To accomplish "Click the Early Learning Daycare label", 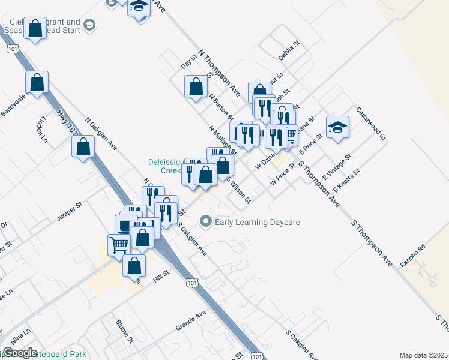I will pos(257,223).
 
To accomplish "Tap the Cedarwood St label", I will pos(370,124).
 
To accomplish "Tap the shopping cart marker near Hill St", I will pos(119,244).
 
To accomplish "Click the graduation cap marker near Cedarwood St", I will pos(337,127).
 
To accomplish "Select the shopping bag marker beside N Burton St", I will pos(196,86).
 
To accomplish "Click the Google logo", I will pos(20,353).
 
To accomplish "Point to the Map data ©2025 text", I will pos(424,355).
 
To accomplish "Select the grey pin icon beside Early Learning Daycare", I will pos(206,223).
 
